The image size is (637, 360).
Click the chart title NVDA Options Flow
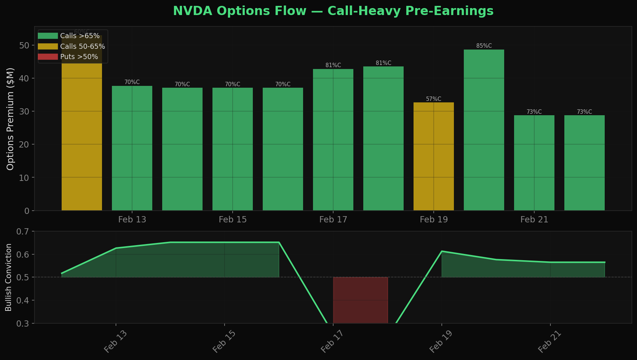[333, 11]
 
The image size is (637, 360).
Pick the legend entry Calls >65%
[80, 36]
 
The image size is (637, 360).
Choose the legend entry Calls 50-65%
[82, 47]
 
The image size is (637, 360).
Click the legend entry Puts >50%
[79, 57]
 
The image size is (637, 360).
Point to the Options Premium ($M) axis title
[10, 119]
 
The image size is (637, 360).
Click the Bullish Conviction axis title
[9, 277]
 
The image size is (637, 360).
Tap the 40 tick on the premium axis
[25, 79]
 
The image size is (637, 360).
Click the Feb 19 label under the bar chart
[433, 220]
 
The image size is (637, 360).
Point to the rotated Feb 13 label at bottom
[116, 342]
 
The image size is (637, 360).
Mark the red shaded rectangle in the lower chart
[360, 300]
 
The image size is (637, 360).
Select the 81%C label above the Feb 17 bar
[333, 65]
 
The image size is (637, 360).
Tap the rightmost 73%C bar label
[584, 112]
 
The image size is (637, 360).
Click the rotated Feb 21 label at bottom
[549, 342]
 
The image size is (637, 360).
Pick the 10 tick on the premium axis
[25, 178]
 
